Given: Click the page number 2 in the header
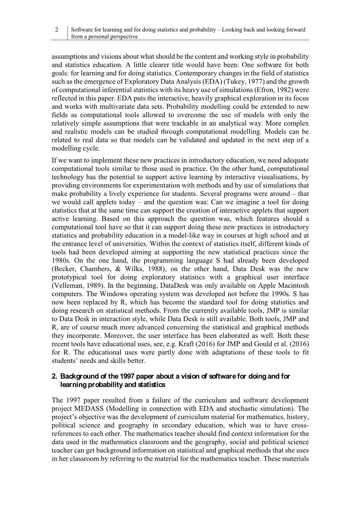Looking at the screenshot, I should tap(57, 30).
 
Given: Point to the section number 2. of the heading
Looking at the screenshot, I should tap(54, 376).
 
